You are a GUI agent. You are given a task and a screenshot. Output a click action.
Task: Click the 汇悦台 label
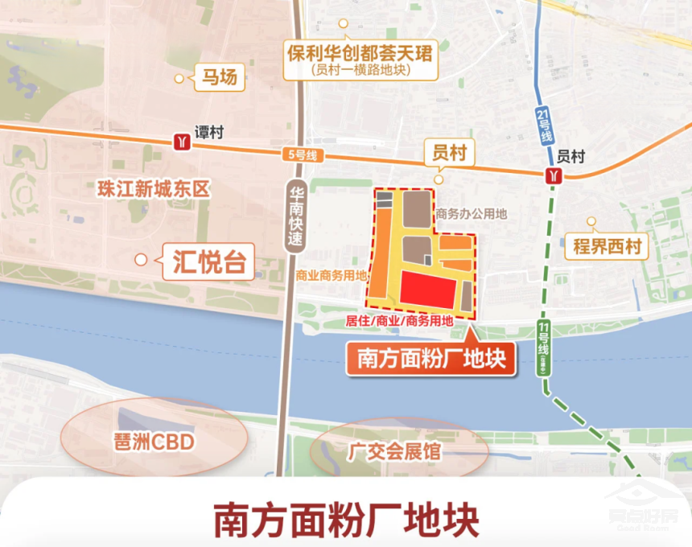click(208, 261)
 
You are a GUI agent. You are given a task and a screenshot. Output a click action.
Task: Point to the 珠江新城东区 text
click(153, 190)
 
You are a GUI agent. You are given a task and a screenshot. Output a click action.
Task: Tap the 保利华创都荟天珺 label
click(360, 60)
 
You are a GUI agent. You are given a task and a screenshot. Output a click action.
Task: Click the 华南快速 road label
click(298, 217)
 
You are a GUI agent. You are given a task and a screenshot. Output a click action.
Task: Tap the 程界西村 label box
click(608, 246)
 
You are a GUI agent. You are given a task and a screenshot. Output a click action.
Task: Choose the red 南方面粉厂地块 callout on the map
click(430, 359)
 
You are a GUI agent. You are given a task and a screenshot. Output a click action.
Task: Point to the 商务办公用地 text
click(472, 215)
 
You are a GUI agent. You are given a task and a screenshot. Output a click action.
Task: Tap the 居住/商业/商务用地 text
click(399, 320)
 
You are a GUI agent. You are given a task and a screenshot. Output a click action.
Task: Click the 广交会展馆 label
click(394, 450)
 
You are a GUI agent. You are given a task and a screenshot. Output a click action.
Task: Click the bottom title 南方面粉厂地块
click(346, 520)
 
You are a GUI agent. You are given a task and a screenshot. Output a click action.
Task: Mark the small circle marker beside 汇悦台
click(141, 259)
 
